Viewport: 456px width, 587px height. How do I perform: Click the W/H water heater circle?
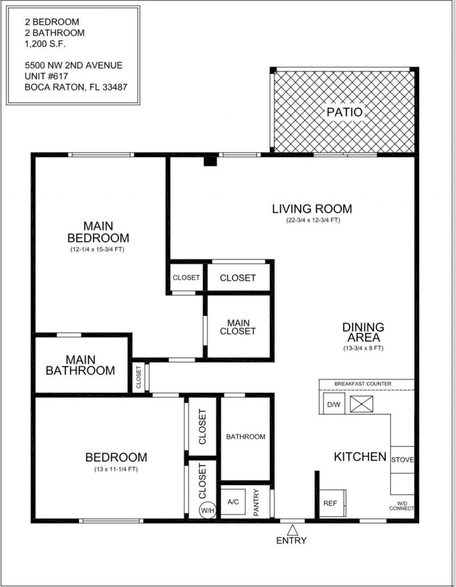click(x=208, y=510)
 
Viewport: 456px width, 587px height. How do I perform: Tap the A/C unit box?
click(x=233, y=502)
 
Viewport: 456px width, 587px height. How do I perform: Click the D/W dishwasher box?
click(x=334, y=404)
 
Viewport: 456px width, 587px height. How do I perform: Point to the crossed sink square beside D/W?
click(x=361, y=404)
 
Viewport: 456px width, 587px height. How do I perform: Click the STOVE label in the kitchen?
click(x=402, y=460)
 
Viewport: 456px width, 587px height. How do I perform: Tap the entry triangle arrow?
click(x=292, y=530)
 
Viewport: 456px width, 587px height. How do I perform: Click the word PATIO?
click(x=345, y=112)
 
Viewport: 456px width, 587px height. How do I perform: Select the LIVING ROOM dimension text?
click(x=313, y=220)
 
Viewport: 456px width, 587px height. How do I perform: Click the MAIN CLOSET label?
click(x=238, y=327)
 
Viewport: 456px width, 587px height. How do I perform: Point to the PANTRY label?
click(x=256, y=502)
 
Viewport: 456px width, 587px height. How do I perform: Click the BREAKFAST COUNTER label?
click(x=363, y=383)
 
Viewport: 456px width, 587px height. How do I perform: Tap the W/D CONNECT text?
click(x=401, y=506)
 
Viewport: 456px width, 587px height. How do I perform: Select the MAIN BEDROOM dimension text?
click(x=97, y=250)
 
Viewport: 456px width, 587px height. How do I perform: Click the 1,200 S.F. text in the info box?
click(x=45, y=44)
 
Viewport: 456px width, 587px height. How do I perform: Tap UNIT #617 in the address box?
click(x=46, y=76)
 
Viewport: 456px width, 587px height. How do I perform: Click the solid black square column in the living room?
click(x=210, y=161)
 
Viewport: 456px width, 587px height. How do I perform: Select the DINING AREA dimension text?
click(x=363, y=348)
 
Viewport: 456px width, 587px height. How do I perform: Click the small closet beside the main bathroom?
click(x=138, y=377)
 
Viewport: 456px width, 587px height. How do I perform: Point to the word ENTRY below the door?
click(x=291, y=541)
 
